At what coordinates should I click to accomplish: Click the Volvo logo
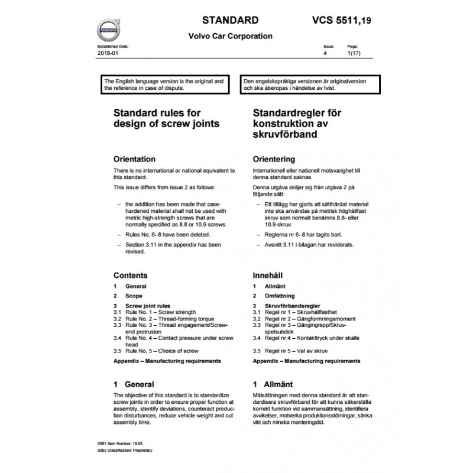[x=109, y=28]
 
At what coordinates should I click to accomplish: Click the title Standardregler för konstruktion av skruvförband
[x=297, y=123]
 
